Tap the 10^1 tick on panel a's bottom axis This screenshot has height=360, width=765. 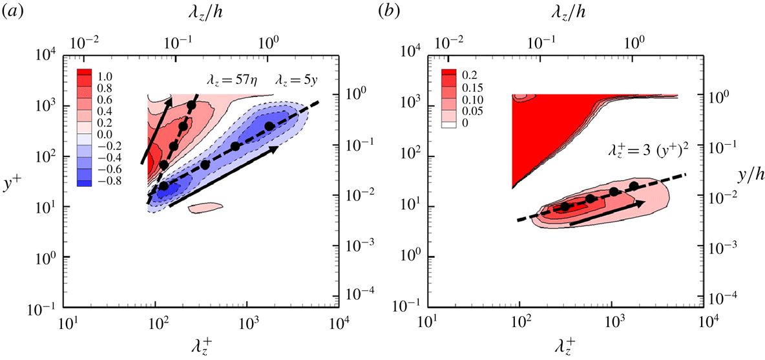68,322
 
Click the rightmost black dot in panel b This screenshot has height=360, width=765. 634,186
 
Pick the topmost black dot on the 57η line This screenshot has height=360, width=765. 191,105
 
